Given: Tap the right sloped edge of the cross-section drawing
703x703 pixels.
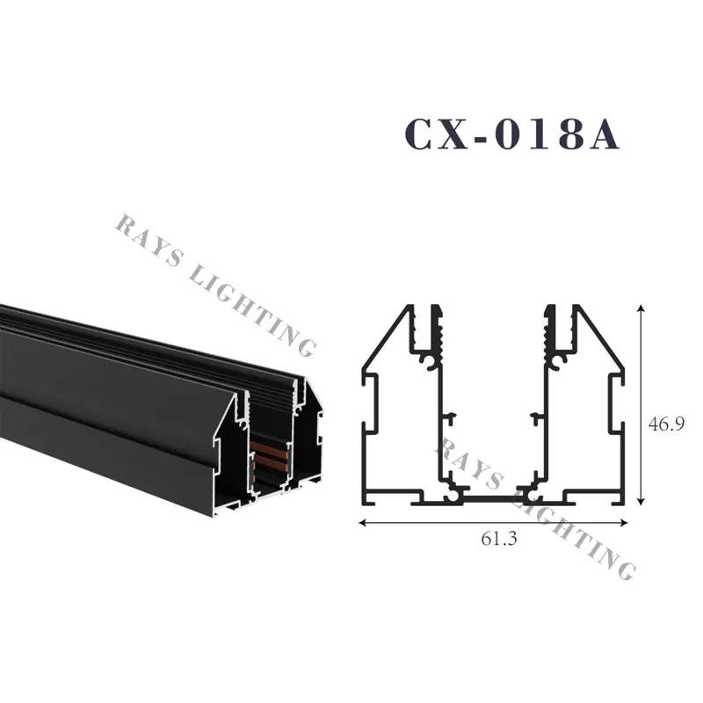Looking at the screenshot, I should (x=601, y=339).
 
